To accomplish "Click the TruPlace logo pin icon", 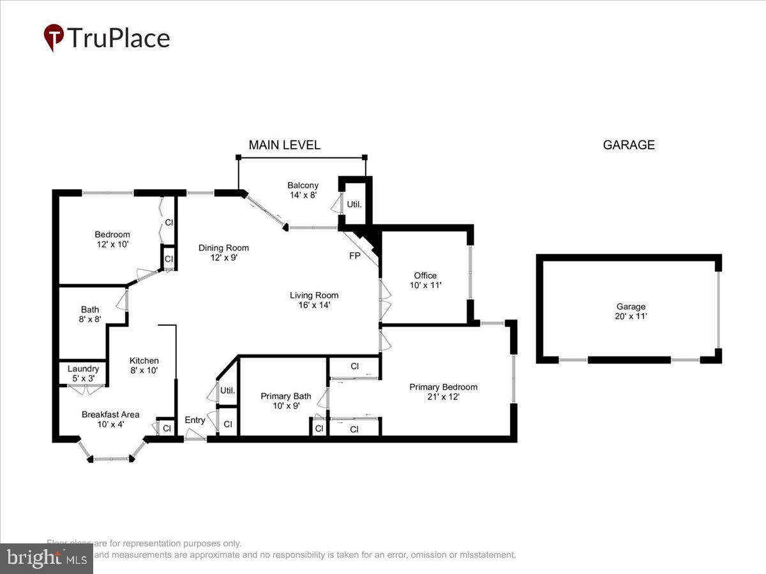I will point(54,37).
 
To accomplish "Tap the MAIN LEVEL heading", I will point(284,145).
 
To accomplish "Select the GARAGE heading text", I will point(629,145).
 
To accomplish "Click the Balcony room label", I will point(303,186).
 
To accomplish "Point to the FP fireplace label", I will point(355,256).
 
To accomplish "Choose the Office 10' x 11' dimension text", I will point(425,286).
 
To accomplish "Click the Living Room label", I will point(314,295).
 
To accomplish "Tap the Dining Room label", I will point(223,247).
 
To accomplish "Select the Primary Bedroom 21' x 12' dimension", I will point(443,397).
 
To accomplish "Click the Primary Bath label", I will point(286,396).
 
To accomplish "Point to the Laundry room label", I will point(83,369).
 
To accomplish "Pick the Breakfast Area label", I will point(110,415).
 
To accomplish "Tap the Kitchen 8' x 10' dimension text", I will point(144,370).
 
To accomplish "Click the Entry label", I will point(195,420).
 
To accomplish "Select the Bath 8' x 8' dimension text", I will point(90,320).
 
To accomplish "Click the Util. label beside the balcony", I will point(354,205).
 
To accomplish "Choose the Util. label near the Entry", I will point(228,390).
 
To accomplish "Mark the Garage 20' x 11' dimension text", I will point(631,316).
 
